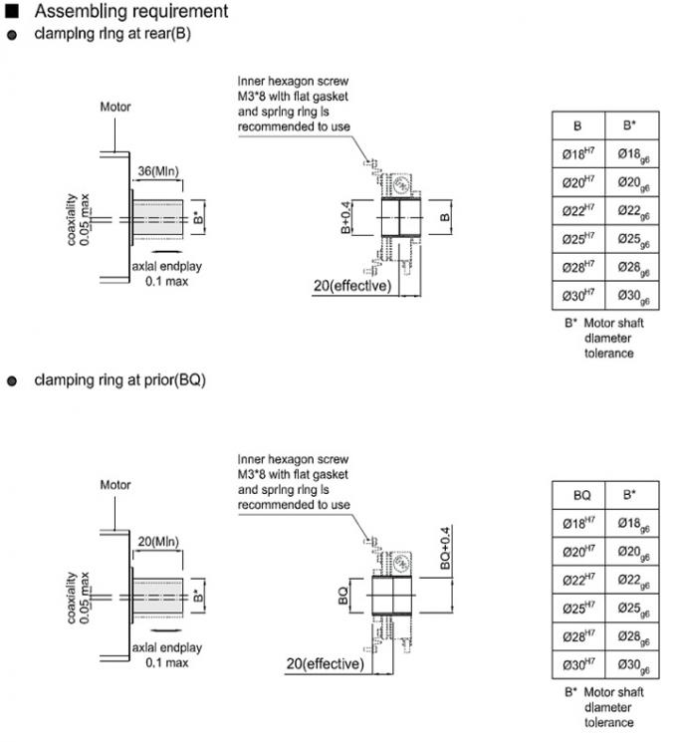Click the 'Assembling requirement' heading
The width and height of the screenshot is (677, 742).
click(x=129, y=12)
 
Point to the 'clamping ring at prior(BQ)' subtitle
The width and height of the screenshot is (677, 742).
click(x=119, y=379)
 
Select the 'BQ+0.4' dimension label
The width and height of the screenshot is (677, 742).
click(x=446, y=547)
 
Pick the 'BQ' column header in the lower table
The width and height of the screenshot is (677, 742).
click(x=581, y=494)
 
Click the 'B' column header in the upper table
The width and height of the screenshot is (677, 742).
click(x=577, y=126)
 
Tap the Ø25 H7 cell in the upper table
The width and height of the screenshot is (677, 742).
click(x=577, y=239)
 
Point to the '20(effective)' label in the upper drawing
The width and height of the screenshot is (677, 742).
click(x=351, y=286)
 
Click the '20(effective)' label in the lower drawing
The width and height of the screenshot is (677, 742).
click(x=324, y=663)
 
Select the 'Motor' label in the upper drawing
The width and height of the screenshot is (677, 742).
click(x=115, y=107)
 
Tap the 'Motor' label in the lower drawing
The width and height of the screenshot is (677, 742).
click(x=115, y=485)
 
